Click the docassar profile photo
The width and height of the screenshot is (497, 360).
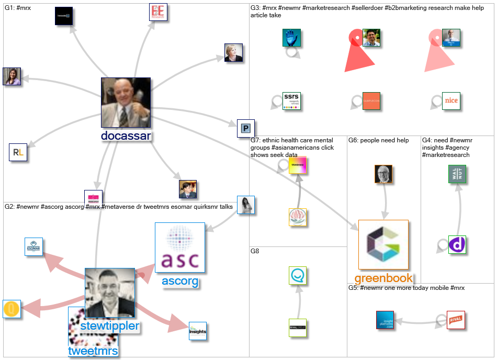(x=126, y=103)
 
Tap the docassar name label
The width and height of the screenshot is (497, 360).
(x=126, y=136)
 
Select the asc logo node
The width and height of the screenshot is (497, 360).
(x=179, y=248)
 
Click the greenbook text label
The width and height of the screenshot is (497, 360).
(x=383, y=278)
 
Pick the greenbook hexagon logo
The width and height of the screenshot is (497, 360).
(x=383, y=244)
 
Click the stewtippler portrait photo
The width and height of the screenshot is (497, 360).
(x=110, y=293)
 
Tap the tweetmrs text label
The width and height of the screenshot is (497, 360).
(x=93, y=351)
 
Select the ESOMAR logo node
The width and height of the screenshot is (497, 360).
(x=33, y=246)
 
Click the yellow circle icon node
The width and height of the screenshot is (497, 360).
(x=12, y=309)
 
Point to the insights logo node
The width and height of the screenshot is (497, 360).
(x=198, y=331)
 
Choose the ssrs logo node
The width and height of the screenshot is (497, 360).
(x=291, y=100)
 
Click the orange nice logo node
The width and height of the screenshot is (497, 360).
(x=450, y=100)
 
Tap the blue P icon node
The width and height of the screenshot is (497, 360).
(x=245, y=128)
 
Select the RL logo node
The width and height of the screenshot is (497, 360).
(x=18, y=152)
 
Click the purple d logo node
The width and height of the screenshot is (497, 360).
(x=457, y=244)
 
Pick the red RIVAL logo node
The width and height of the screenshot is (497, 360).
(x=456, y=320)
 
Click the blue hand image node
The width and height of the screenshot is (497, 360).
(x=291, y=38)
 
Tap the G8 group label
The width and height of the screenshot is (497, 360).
(x=255, y=251)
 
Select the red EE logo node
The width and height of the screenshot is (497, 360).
(x=157, y=12)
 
